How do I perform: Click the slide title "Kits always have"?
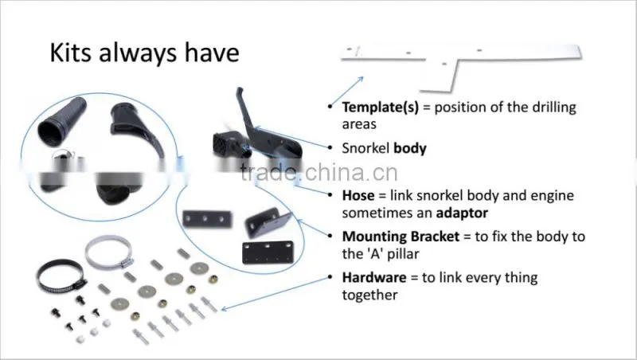[x=144, y=53]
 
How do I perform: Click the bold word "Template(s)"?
[x=381, y=108]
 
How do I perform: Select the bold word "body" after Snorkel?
[x=410, y=148]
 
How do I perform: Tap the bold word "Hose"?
[x=358, y=195]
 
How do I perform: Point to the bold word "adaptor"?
[x=462, y=213]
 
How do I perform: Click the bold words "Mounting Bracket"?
[x=401, y=237]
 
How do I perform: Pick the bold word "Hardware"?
[x=374, y=277]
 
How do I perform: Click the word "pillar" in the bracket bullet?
[x=403, y=254]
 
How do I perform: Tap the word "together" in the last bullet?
[x=369, y=295]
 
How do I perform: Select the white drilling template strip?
[x=461, y=65]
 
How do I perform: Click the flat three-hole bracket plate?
[x=207, y=219]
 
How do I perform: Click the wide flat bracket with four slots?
[x=268, y=252]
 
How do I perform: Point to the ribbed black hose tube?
[x=62, y=122]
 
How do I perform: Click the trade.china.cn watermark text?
[x=319, y=172]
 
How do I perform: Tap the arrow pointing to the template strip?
[x=347, y=91]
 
